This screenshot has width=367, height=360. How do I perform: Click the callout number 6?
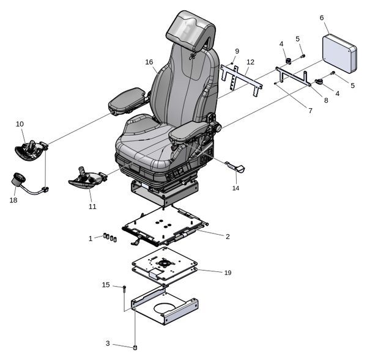click(x=322, y=18)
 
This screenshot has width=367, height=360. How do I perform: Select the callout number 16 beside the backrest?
click(x=149, y=62)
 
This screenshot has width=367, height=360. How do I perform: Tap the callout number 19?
click(x=228, y=272)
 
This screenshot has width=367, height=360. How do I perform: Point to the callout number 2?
click(x=228, y=236)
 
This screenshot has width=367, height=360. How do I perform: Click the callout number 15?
click(x=106, y=285)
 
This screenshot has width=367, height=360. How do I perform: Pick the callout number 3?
click(x=108, y=343)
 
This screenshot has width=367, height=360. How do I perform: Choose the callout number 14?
click(x=235, y=188)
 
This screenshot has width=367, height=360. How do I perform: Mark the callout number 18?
click(x=13, y=200)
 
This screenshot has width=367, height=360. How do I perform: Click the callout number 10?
click(x=20, y=124)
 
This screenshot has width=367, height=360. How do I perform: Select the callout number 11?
click(x=92, y=207)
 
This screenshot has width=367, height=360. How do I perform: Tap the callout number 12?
click(x=250, y=62)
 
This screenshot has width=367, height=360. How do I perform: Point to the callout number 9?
click(x=237, y=51)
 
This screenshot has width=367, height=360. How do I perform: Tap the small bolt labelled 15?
click(x=124, y=287)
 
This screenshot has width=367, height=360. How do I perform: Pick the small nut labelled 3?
click(x=135, y=348)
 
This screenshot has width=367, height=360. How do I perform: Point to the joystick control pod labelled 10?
click(x=29, y=149)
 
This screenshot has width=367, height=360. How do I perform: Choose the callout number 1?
click(x=91, y=238)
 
